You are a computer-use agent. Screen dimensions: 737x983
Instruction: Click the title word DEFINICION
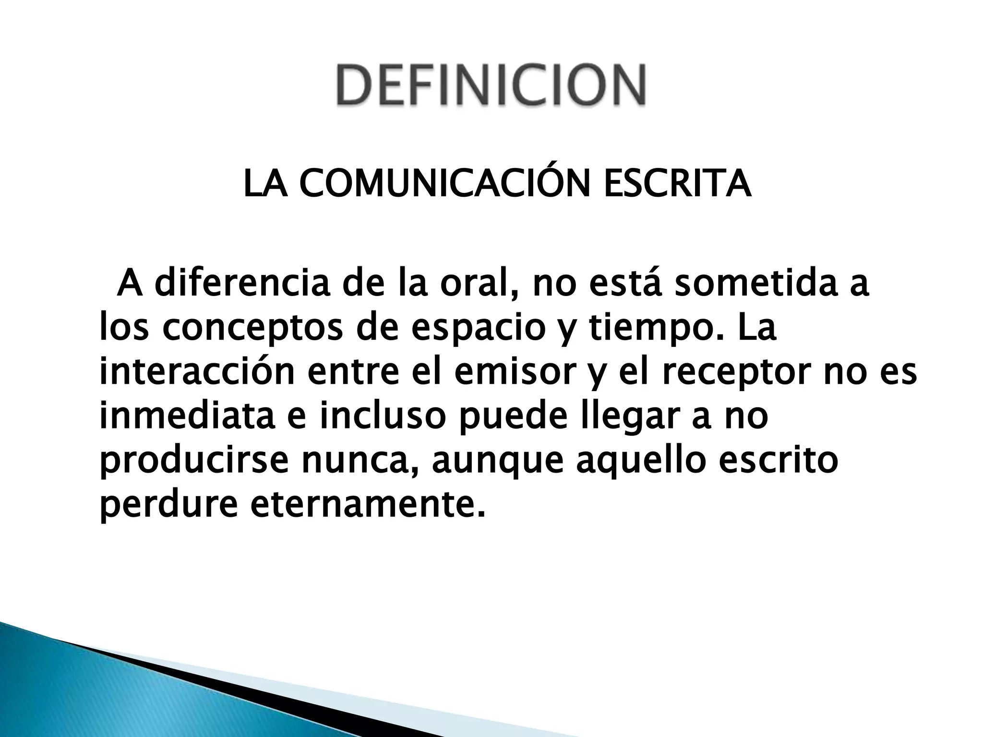coord(491,85)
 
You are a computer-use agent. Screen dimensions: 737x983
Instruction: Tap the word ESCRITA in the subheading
coord(677,184)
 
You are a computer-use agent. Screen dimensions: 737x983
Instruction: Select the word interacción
coord(197,373)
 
